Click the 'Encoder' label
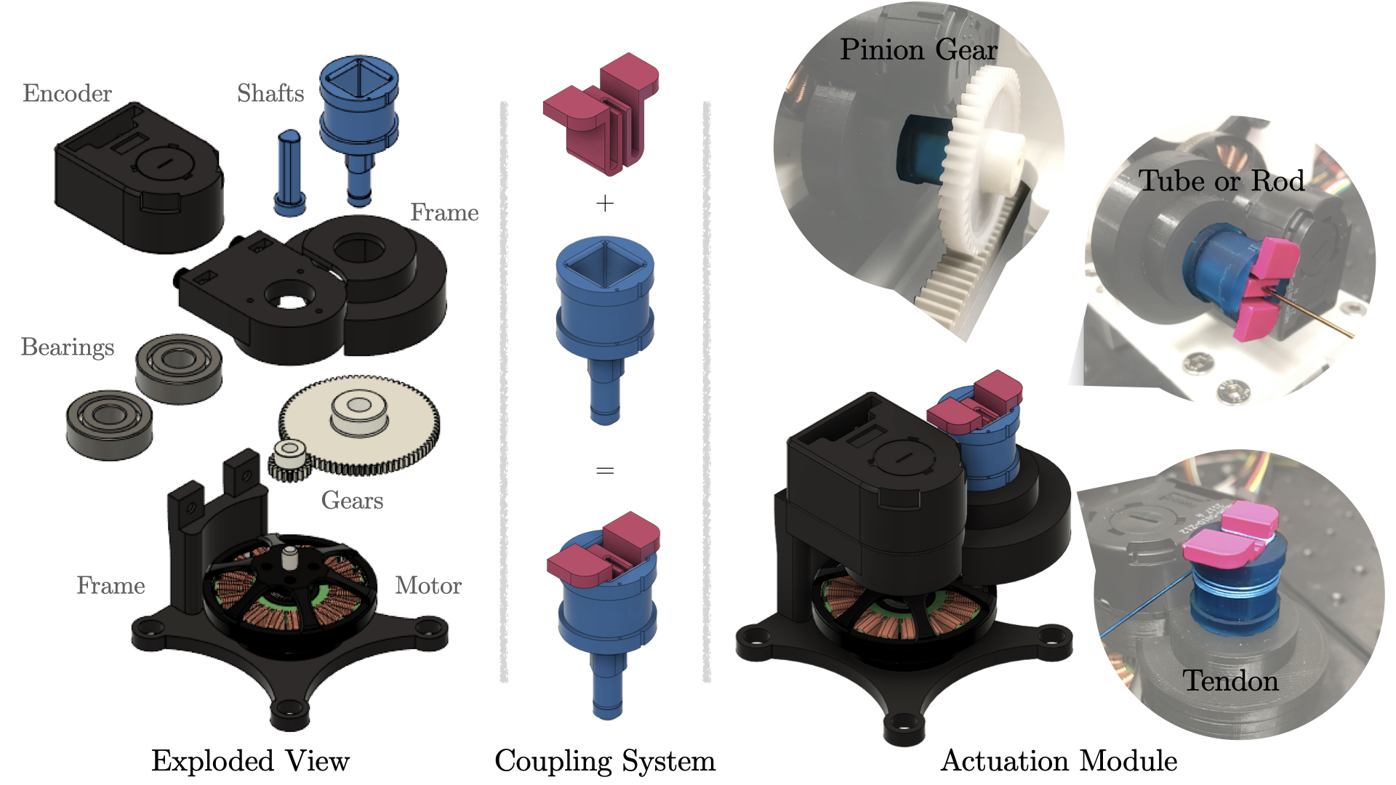tap(67, 94)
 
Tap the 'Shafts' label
tap(270, 94)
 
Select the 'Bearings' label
tap(68, 347)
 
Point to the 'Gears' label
tap(352, 501)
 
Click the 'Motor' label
tap(428, 586)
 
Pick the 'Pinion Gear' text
tap(918, 49)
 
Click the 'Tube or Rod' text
tap(1221, 181)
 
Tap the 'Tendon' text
tap(1230, 681)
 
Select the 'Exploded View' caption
tap(250, 761)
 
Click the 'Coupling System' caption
tap(605, 761)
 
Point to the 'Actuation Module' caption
tap(1059, 761)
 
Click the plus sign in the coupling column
tap(605, 204)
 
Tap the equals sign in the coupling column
tap(605, 471)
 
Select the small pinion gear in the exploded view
tap(291, 460)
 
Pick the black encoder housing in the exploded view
tap(138, 178)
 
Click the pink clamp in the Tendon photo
tap(1229, 538)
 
